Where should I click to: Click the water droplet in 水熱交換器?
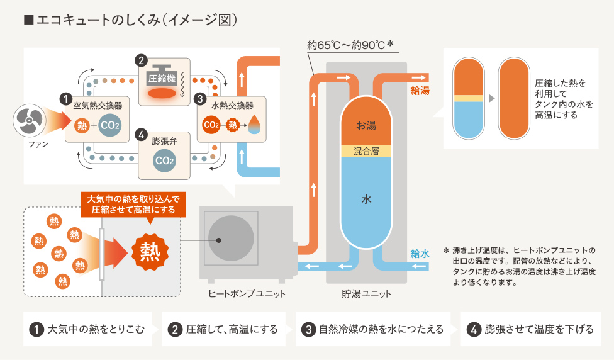pyautogui.click(x=254, y=124)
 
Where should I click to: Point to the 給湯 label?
pyautogui.click(x=420, y=91)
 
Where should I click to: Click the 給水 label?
pyautogui.click(x=420, y=254)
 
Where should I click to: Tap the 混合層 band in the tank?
pyautogui.click(x=366, y=151)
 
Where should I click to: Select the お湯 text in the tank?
pyautogui.click(x=366, y=125)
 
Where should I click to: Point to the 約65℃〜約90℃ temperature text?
pyautogui.click(x=350, y=45)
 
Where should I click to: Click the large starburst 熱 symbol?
pyautogui.click(x=150, y=251)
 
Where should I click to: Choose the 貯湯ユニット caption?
pyautogui.click(x=366, y=294)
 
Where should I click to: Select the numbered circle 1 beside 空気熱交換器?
pyautogui.click(x=64, y=99)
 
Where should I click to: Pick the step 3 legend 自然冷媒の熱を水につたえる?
pyautogui.click(x=373, y=329)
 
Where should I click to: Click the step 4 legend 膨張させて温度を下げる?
pyautogui.click(x=531, y=329)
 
